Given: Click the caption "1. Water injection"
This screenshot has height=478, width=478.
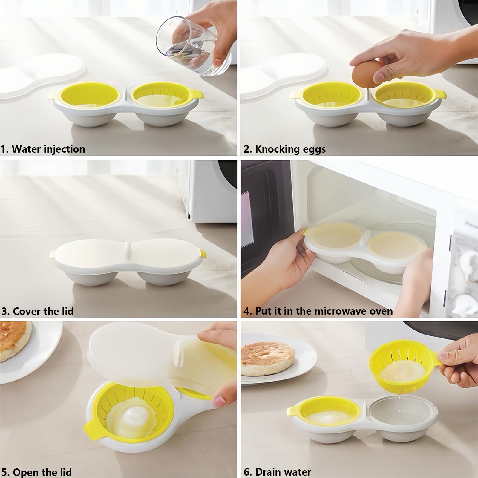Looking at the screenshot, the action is click(x=43, y=149).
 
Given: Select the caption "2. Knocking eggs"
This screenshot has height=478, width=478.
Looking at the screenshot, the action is click(x=284, y=149).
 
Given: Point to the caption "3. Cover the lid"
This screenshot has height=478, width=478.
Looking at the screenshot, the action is click(x=38, y=311).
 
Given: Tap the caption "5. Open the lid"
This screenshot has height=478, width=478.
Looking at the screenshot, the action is click(x=36, y=472).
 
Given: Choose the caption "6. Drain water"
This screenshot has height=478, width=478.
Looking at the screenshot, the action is click(x=277, y=472).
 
